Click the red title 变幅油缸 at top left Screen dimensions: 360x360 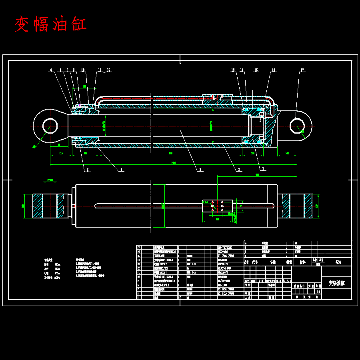click(x=51, y=24)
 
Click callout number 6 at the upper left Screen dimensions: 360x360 click(x=51, y=70)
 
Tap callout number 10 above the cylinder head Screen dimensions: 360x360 click(x=83, y=70)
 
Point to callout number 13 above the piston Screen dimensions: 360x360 click(x=233, y=70)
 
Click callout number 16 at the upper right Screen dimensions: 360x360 click(x=274, y=70)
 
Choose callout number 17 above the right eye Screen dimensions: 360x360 click(x=302, y=70)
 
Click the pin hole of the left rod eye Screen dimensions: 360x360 click(x=50, y=125)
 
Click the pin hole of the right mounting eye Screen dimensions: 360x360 click(x=298, y=126)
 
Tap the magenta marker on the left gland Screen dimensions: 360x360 click(x=80, y=106)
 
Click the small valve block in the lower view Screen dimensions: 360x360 click(x=217, y=206)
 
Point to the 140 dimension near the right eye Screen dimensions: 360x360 click(x=287, y=153)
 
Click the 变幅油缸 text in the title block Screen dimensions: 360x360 click(x=336, y=283)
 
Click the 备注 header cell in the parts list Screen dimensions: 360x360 click(x=338, y=262)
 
